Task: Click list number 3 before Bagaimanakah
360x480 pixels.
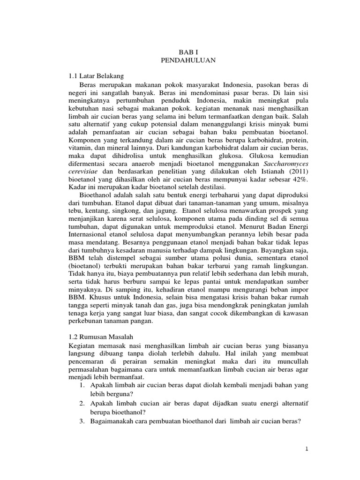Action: (81, 422)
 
